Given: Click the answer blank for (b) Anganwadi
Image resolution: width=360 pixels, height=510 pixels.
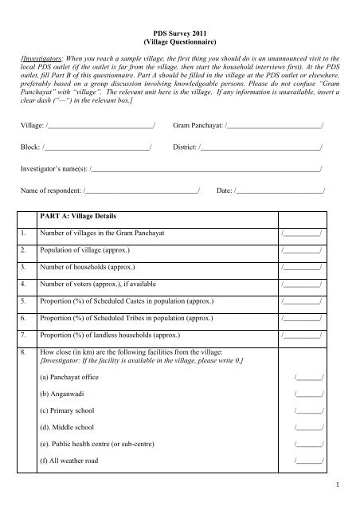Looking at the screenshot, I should (308, 390).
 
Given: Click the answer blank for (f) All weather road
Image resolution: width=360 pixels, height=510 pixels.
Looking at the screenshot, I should (308, 461).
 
